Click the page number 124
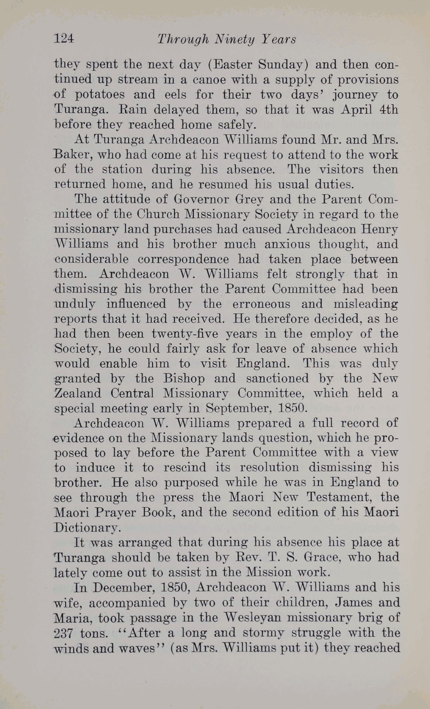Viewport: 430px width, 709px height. [x=64, y=39]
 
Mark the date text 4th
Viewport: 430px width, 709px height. [x=389, y=110]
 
